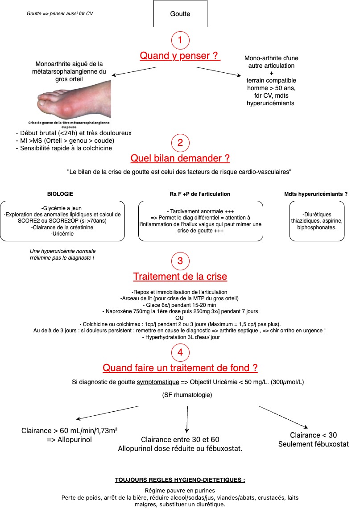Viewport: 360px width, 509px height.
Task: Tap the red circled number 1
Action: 180,40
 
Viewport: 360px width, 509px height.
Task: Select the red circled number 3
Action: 180,261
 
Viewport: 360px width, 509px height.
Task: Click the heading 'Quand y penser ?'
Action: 180,55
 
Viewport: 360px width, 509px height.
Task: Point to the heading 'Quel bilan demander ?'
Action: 180,158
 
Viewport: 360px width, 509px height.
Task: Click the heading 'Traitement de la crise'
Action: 180,276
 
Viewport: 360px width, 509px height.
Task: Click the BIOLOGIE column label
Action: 60,194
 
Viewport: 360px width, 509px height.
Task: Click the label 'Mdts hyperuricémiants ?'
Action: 316,194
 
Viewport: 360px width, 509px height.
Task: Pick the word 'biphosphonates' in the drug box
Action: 316,227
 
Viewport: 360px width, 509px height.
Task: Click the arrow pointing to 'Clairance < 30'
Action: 283,417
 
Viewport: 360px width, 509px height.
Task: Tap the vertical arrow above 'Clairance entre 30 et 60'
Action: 187,419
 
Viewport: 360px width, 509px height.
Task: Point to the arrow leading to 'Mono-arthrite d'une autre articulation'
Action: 219,72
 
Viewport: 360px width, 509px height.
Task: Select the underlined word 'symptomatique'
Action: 158,382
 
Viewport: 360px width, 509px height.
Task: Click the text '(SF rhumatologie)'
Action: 187,395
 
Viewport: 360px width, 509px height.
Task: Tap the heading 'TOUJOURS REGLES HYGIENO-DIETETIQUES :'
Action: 180,480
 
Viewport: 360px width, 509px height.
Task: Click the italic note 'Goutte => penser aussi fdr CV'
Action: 60,14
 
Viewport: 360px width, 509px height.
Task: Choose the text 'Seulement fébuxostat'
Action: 314,444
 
